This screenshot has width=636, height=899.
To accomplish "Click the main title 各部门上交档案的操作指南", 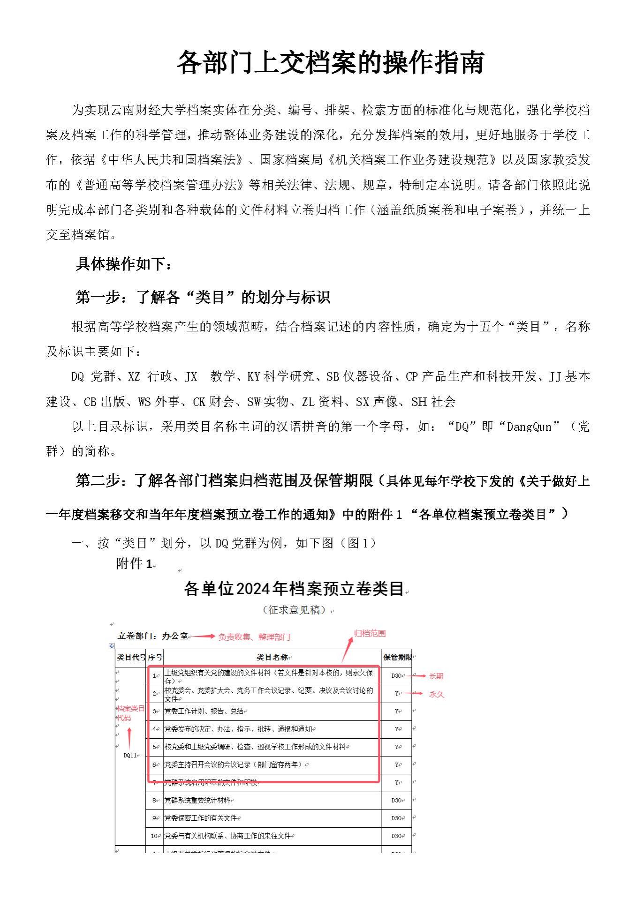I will pos(330,62).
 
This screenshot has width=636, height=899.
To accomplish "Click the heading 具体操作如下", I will pos(124,264).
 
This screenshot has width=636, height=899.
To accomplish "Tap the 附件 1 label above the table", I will pos(134,564).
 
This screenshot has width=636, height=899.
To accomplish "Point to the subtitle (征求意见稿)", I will pos(294,610).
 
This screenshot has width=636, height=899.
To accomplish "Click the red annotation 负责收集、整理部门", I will pos(254,637).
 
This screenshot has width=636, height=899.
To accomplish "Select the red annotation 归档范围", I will pos(370,633).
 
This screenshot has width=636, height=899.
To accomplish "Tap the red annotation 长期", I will pos(436,676).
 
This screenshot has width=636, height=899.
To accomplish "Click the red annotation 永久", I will pos(436,694).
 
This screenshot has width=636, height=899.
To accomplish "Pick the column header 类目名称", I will pos(272,658).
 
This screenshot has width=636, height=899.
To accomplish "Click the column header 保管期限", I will pos(397,658).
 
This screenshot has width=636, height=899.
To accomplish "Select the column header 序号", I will pos(155,658).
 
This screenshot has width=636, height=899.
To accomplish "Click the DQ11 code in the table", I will pos(130,755).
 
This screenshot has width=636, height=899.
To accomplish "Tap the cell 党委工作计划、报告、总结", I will pos(204,711).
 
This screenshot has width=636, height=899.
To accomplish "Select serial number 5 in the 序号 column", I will pos(154,747).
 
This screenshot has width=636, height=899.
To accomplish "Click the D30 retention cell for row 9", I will pos(396,818).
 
